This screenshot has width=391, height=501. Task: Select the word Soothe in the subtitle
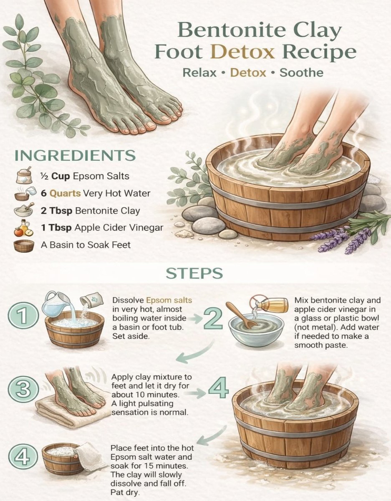(301, 73)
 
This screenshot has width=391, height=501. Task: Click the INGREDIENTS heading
(75, 155)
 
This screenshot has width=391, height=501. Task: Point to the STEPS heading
(194, 273)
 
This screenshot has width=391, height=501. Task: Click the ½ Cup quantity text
(55, 176)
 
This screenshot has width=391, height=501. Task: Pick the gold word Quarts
(65, 193)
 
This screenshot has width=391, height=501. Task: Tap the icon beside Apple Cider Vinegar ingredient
(24, 228)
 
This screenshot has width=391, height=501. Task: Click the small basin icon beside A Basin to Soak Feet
(24, 246)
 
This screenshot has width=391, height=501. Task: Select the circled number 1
(23, 315)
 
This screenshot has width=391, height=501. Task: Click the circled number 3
(23, 390)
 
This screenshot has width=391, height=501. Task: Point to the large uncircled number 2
(213, 319)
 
